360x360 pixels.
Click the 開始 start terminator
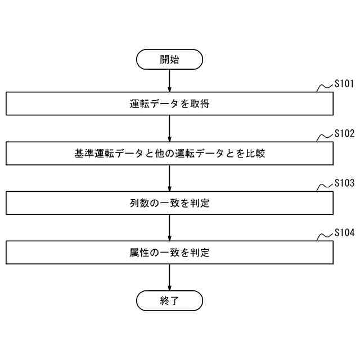169,60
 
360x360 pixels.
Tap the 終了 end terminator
169,300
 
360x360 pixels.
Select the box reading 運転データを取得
169,103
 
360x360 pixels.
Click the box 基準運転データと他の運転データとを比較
169,153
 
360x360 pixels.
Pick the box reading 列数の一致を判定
169,203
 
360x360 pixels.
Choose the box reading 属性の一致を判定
169,253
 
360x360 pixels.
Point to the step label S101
344,84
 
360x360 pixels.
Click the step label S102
344,134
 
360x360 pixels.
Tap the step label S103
344,183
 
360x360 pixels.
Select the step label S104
344,233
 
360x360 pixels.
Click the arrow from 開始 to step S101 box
169,81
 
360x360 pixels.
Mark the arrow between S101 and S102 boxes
169,128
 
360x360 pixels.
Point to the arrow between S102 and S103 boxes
169,178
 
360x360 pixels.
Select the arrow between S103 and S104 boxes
169,228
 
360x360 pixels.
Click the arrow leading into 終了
169,277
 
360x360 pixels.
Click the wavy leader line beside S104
325,237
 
